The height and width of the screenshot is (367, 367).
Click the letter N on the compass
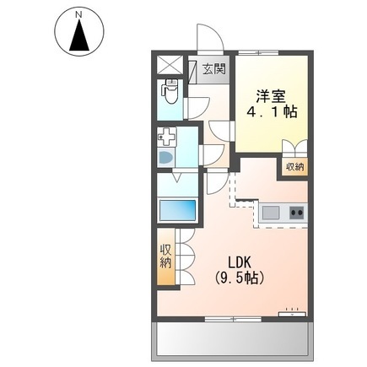pos(79,15)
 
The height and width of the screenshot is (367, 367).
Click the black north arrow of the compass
pos(79,35)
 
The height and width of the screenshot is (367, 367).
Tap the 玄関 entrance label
pos(214,69)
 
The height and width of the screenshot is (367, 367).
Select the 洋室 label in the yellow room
pos(271,96)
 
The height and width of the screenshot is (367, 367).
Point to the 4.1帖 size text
pos(272,112)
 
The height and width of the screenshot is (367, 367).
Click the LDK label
pos(239,263)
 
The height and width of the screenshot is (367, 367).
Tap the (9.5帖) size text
pos(239,278)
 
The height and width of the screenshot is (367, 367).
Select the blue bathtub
pos(177,210)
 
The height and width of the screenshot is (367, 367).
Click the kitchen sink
pos(271,213)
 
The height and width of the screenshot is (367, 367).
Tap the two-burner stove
pos(297,213)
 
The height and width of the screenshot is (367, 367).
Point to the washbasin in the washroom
pos(166,158)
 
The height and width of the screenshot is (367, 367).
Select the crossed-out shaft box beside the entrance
pos(170,65)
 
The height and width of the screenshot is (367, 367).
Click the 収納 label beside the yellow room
pos(295,167)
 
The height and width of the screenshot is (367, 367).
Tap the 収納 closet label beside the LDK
pos(166,256)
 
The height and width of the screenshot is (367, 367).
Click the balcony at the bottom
pos(232,340)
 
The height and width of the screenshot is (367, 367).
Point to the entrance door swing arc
pos(210,38)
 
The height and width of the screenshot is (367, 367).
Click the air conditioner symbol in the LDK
pos(292,314)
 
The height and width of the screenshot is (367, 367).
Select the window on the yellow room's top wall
pos(258,52)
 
